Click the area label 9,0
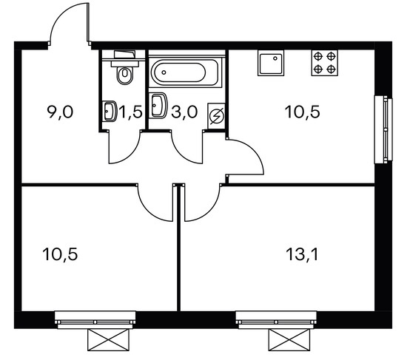[x=60, y=112]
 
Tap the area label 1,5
[x=130, y=112]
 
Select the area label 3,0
[x=184, y=112]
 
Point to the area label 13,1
[x=303, y=254]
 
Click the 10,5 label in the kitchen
[x=303, y=112]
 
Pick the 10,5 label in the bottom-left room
[x=60, y=254]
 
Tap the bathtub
[x=186, y=72]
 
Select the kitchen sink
[x=271, y=63]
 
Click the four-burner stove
[x=324, y=63]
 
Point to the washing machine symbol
[x=217, y=116]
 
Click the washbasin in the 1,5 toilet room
[x=110, y=111]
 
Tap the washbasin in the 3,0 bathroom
[x=158, y=106]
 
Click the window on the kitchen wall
[x=383, y=129]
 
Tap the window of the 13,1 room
[x=276, y=320]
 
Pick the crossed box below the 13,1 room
[x=289, y=339]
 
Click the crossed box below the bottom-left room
[x=108, y=339]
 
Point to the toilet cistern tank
[x=125, y=55]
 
